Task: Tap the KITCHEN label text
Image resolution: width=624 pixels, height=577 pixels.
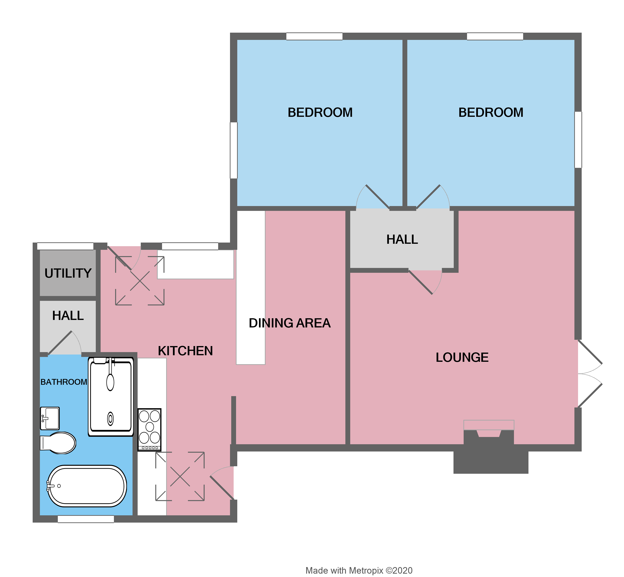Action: tap(185, 351)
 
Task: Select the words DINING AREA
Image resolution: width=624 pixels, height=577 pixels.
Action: tap(289, 323)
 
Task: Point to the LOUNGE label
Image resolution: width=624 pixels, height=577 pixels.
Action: tap(462, 357)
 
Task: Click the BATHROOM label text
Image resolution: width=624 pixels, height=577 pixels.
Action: tap(64, 382)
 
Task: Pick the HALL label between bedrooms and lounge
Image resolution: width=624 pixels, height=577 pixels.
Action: tap(402, 239)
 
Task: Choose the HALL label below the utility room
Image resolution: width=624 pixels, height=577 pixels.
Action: tap(68, 316)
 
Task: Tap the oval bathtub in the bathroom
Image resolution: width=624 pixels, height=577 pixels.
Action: tap(87, 486)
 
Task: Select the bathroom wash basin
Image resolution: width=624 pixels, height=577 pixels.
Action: tap(50, 418)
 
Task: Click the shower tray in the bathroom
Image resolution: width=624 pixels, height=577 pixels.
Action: tap(111, 397)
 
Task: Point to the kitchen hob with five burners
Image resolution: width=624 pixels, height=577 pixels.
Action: tap(149, 430)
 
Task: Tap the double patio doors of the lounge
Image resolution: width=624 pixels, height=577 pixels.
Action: tap(589, 374)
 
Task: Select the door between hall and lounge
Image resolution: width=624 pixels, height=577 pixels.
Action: tap(425, 282)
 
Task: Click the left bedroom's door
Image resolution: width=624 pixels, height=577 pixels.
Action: tap(373, 197)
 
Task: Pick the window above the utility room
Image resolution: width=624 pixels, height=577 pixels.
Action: tap(65, 246)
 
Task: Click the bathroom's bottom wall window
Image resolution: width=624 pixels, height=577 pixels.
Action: tap(86, 519)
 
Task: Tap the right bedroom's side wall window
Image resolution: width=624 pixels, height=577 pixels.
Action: tap(578, 140)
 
